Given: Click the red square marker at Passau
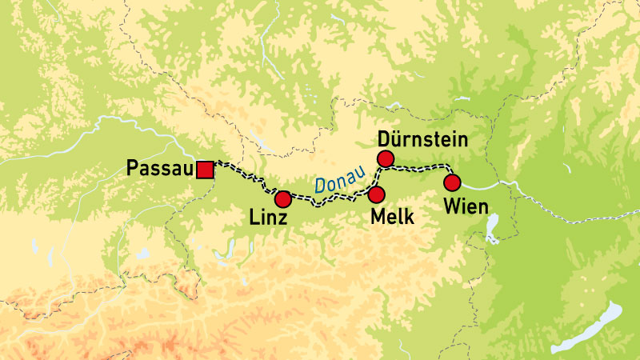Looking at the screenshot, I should coord(206,170).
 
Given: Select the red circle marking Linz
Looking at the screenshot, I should coord(282,199).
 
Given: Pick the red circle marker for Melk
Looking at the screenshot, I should coord(377,194).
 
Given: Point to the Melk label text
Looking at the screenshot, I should coord(392,217).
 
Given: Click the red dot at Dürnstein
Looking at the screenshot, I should coord(386,158).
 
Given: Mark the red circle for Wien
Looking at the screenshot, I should coord(452,182).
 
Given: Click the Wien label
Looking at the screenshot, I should coord(465,207).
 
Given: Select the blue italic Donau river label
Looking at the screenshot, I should coord(340,180).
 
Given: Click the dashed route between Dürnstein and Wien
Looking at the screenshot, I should coord(420,167).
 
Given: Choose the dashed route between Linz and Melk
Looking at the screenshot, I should coord(328,201).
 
